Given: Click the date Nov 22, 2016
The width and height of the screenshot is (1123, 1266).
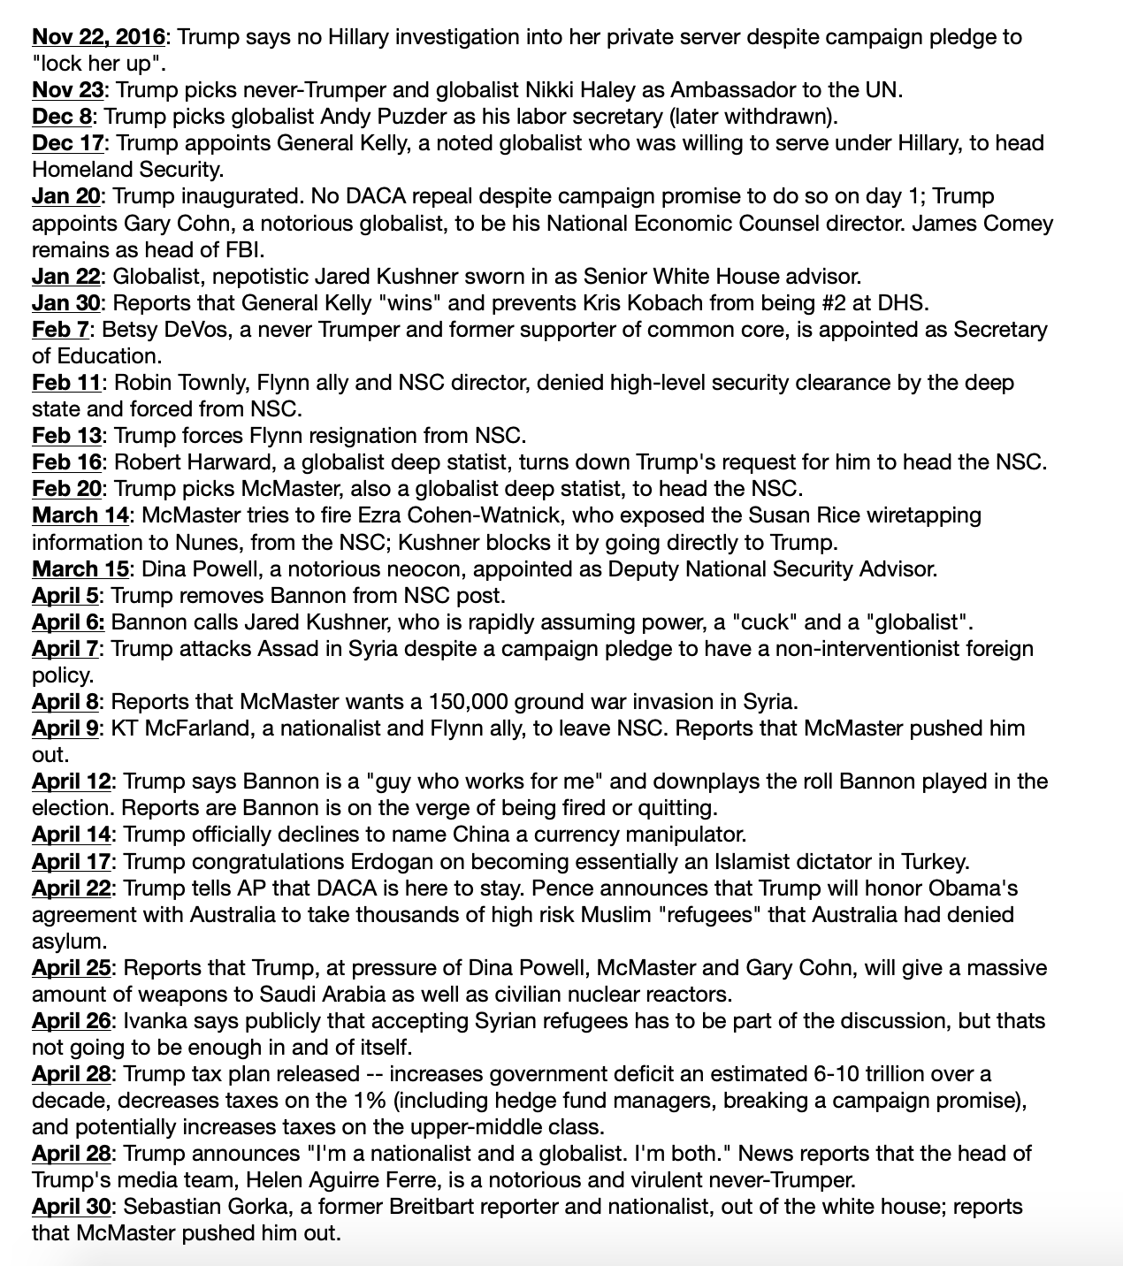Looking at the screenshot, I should pos(98,37).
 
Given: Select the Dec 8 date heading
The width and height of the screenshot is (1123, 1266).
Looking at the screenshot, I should pos(62,117).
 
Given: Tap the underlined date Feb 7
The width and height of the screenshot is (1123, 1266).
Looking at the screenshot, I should pos(62,330).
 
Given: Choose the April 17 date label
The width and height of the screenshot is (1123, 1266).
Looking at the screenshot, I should pos(72,861).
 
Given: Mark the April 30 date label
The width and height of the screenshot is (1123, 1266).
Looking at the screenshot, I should pos(72,1207).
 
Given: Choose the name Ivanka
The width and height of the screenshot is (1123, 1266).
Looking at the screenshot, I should pos(150,1021).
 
